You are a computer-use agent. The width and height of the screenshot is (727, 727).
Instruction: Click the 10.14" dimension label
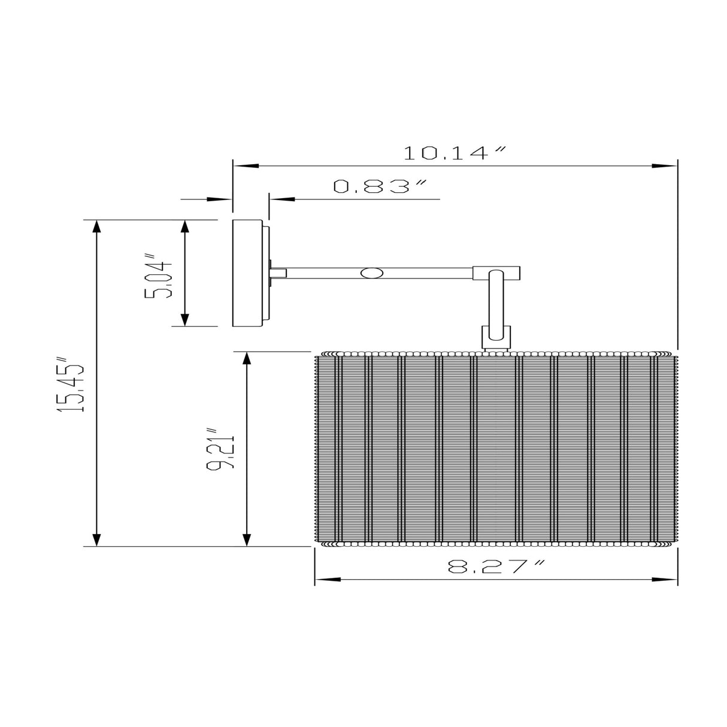pos(455,153)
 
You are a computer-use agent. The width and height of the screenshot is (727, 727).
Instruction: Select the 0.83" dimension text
pos(380,186)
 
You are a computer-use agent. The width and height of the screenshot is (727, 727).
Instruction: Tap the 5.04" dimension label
pos(158,276)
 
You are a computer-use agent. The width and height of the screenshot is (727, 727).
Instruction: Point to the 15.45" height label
pos(71,384)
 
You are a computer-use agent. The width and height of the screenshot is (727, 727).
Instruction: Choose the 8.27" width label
pos(496,567)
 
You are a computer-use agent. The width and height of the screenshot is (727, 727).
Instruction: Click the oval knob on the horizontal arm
pos(372,273)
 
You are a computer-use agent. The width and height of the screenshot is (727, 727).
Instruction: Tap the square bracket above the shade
pos(496,337)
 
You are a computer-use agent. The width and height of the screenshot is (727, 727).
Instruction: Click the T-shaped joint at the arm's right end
pos(496,272)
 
